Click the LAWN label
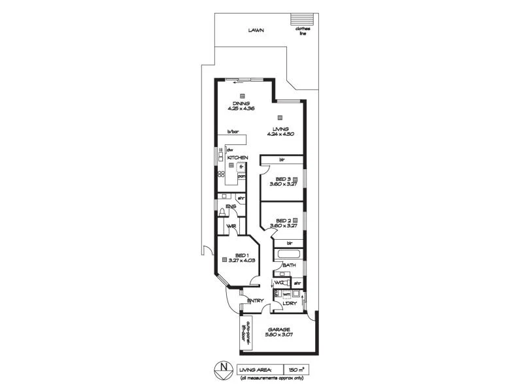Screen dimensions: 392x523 click(256, 30)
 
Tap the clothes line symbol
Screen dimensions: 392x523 click(301, 18)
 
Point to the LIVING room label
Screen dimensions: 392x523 click(280, 129)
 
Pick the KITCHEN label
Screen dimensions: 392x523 click(238, 158)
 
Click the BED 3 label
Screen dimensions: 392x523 click(282, 179)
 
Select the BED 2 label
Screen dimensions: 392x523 click(282, 221)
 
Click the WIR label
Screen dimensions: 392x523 click(231, 227)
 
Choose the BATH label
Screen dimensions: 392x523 click(290, 266)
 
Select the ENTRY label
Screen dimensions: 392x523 click(255, 301)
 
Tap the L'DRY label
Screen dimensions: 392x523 click(289, 304)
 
